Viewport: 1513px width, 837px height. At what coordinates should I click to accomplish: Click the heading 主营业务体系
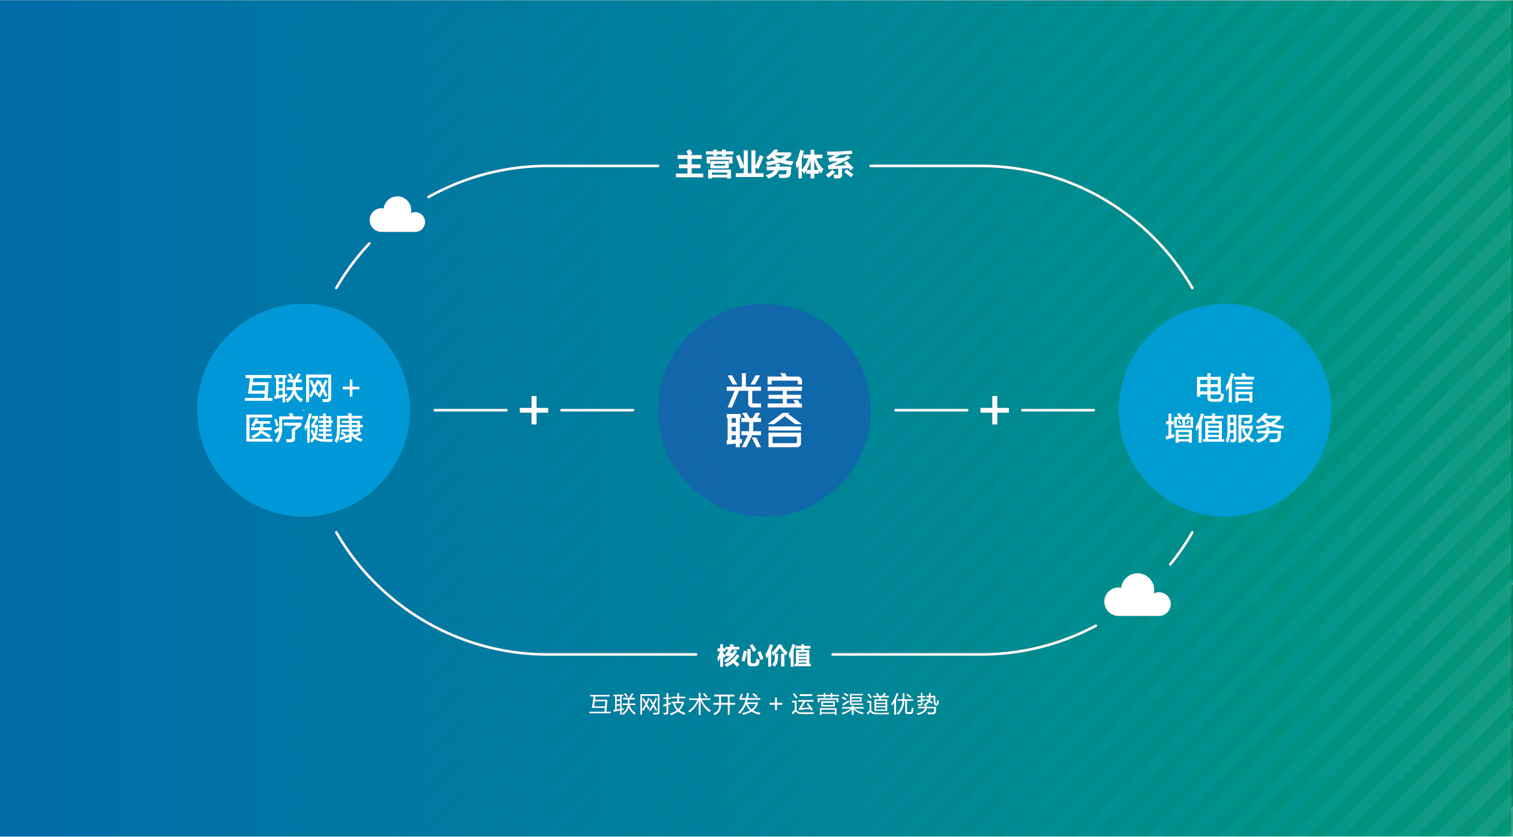[764, 165]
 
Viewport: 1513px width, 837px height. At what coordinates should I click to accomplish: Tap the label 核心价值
[764, 655]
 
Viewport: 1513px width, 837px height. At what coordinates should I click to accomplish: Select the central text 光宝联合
[764, 410]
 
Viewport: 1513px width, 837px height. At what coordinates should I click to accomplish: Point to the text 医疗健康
[304, 429]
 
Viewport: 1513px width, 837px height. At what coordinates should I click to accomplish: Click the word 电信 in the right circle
[1224, 388]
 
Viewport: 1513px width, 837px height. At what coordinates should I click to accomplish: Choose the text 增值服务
[1224, 429]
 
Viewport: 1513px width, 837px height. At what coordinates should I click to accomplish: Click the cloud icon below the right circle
[1137, 596]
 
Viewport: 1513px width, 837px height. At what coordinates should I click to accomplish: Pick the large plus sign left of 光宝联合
[534, 410]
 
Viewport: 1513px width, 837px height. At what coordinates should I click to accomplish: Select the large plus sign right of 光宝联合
[994, 410]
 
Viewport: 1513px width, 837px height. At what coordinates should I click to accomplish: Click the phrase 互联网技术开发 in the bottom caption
[675, 704]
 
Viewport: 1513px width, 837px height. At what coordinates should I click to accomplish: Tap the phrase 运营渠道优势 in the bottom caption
[865, 704]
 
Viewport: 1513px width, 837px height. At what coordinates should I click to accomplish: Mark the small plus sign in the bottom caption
[776, 704]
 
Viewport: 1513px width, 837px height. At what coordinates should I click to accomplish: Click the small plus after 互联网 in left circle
[351, 389]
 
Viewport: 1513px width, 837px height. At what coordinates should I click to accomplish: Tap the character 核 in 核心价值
[729, 655]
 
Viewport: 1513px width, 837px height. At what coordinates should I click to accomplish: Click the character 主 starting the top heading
[690, 165]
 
